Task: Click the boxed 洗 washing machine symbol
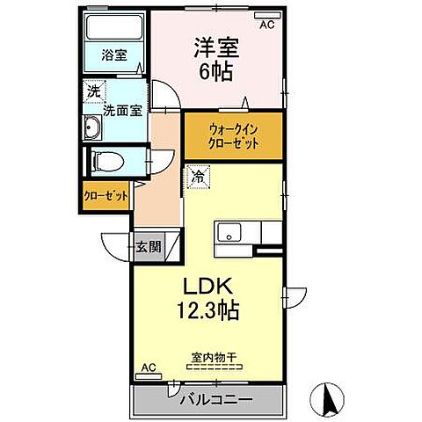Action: click(x=93, y=91)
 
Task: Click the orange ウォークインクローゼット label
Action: click(x=233, y=135)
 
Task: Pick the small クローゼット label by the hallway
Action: click(x=105, y=196)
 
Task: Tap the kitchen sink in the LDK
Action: click(x=229, y=234)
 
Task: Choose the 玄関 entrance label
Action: click(x=148, y=246)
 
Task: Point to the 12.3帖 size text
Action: click(x=208, y=311)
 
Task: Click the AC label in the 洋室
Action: click(x=266, y=25)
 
